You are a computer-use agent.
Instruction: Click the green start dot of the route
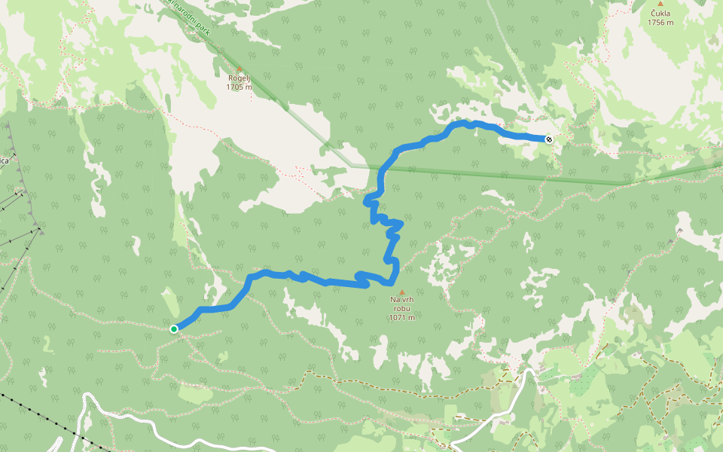click(x=174, y=328)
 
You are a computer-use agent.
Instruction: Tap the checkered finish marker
click(x=549, y=139)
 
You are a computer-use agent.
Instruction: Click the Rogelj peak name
click(x=239, y=78)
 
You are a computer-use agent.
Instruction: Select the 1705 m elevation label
click(x=239, y=87)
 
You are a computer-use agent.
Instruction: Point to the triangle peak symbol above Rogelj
click(x=239, y=69)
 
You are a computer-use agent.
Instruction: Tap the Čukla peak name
click(x=660, y=13)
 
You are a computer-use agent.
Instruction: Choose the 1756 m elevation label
click(x=660, y=22)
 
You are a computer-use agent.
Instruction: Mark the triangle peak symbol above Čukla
click(x=660, y=4)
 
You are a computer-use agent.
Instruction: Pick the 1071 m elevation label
click(x=401, y=317)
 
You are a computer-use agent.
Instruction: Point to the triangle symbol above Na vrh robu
click(x=401, y=292)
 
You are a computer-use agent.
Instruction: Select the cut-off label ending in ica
click(x=4, y=160)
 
